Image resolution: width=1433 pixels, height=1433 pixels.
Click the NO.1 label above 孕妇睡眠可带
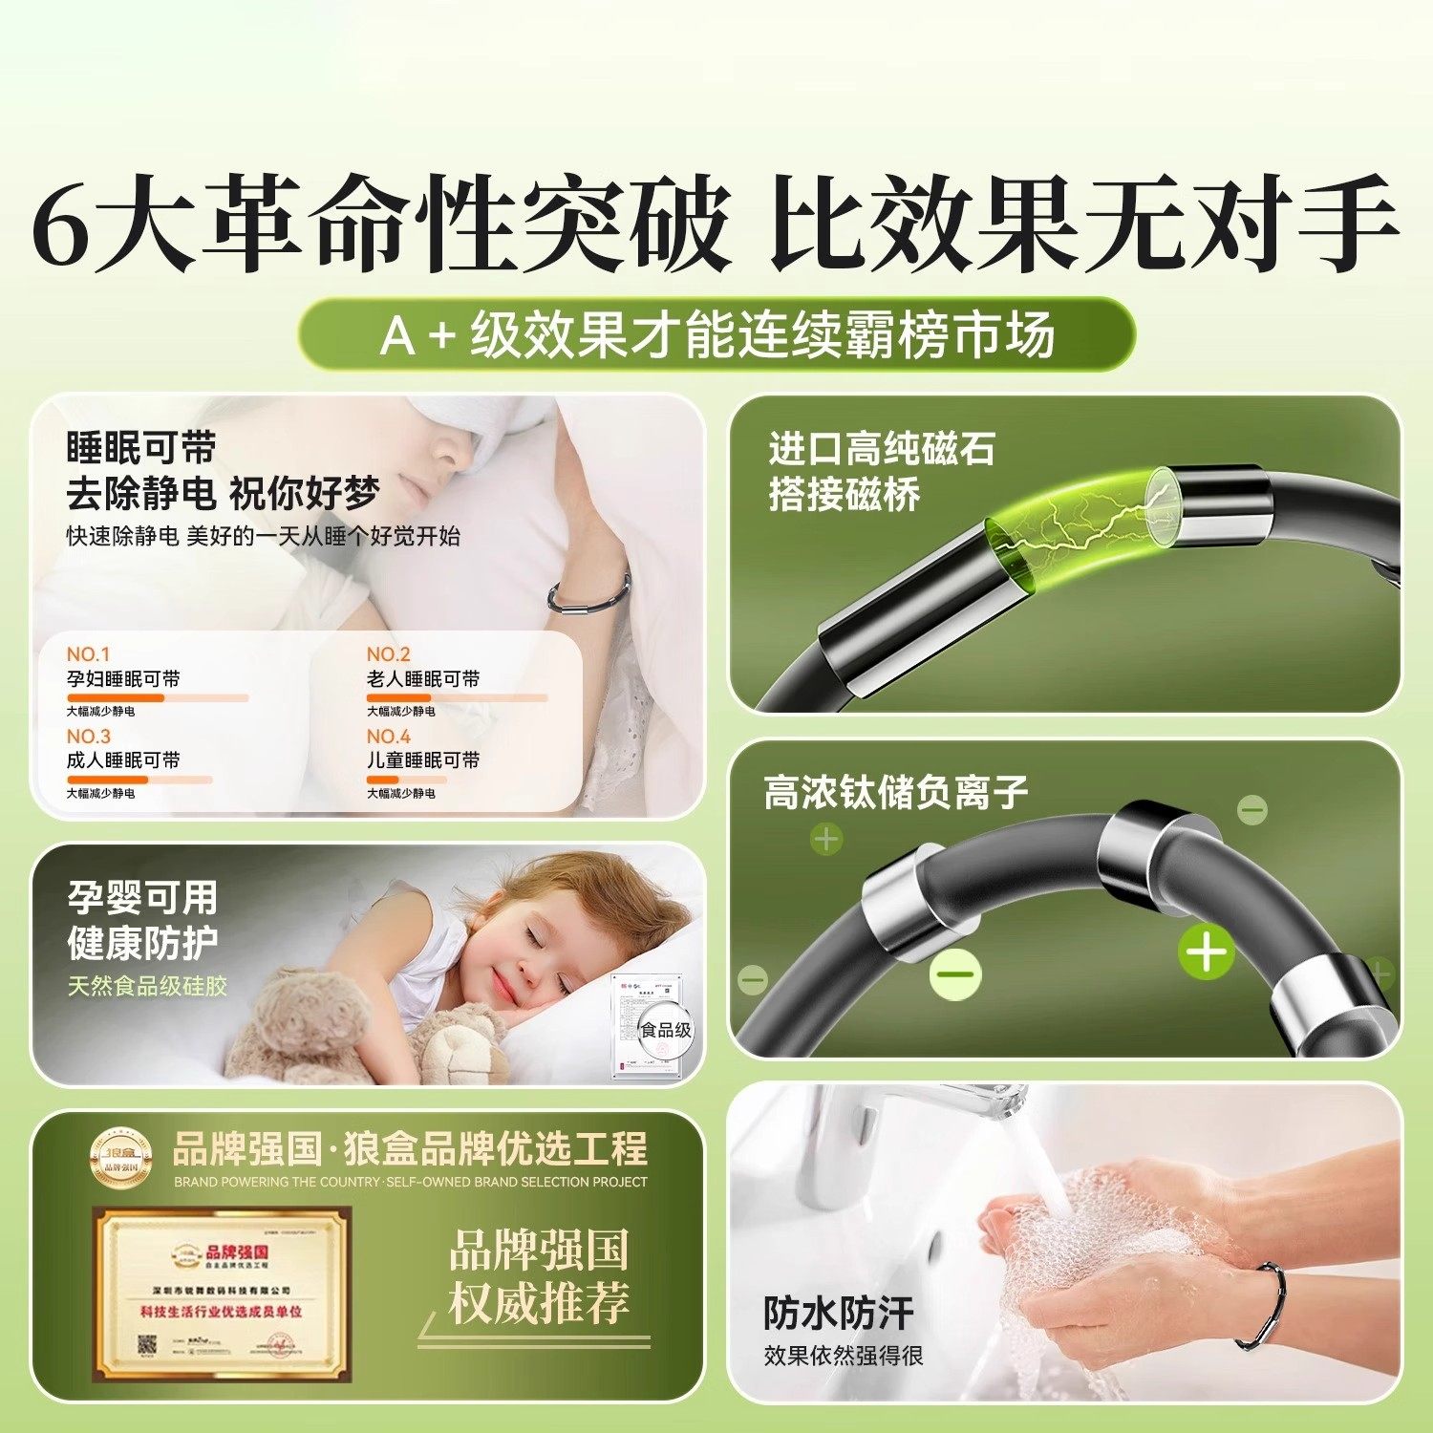[x=88, y=654]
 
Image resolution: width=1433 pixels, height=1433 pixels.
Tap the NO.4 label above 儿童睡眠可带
[x=388, y=737]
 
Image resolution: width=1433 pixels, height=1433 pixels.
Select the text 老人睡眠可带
[x=423, y=679]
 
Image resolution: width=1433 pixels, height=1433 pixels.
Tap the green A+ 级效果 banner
[x=716, y=334]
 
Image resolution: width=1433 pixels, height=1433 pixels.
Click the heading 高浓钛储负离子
[x=895, y=792]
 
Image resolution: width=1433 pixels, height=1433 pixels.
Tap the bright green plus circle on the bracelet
[x=1206, y=952]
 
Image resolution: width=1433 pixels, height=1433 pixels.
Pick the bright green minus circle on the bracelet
[x=955, y=974]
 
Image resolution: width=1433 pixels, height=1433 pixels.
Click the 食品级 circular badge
[x=666, y=1030]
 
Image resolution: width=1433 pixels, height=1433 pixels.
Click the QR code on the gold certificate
[x=148, y=1345]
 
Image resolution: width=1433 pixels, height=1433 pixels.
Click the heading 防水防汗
[x=838, y=1314]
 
